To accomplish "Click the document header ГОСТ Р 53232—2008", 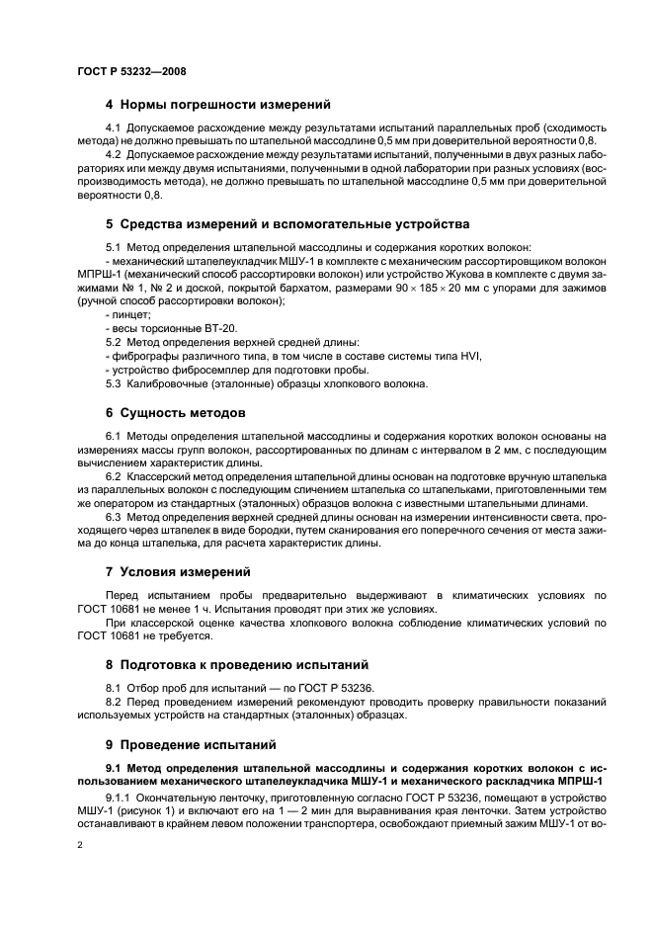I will click(130, 70).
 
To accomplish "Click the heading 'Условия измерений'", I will click(191, 571).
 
